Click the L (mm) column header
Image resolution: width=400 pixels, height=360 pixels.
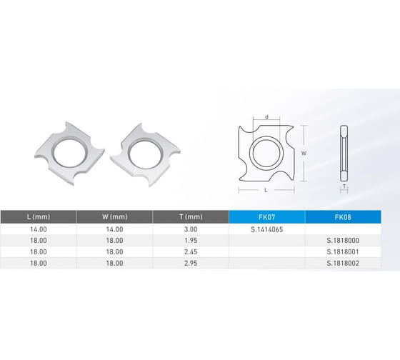pos(38,216)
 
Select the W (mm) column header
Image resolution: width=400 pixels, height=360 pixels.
pos(114,216)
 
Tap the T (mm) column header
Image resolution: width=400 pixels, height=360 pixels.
pos(190,216)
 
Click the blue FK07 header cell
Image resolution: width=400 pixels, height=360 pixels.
pos(266,216)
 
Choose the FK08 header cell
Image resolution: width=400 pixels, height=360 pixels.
pos(342,216)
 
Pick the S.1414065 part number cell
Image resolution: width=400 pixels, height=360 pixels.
pos(266,229)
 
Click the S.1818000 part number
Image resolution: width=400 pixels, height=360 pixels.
pos(342,241)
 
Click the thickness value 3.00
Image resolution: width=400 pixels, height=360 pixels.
pos(190,229)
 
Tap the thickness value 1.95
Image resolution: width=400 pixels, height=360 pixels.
pos(190,241)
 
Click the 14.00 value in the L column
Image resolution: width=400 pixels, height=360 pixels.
pos(38,229)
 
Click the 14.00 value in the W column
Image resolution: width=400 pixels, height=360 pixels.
pos(114,229)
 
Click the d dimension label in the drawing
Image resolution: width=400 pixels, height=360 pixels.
pos(266,117)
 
